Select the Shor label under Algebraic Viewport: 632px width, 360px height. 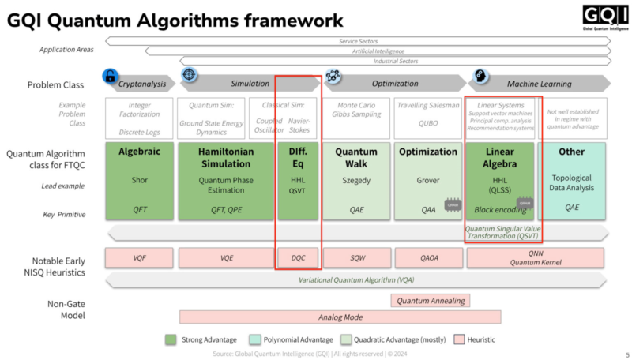139,180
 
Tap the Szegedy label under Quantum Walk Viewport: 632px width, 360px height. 355,180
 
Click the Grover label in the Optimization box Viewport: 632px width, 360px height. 427,180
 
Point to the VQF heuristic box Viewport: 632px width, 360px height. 139,257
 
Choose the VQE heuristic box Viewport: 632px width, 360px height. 226,257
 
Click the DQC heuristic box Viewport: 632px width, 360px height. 297,257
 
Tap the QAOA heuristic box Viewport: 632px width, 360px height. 427,257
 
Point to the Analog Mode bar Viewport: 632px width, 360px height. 340,317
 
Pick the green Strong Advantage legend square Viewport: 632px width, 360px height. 170,339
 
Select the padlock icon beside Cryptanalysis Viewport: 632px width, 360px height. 109,77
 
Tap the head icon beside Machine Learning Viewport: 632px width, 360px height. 479,77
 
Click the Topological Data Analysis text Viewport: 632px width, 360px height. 572,184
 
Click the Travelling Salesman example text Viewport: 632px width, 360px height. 427,105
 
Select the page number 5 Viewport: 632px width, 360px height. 626,354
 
